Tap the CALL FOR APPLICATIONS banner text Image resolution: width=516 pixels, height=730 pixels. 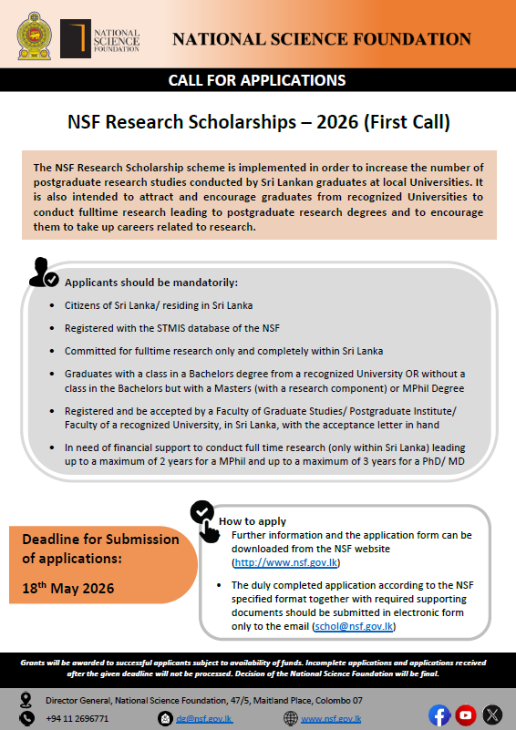pyautogui.click(x=257, y=81)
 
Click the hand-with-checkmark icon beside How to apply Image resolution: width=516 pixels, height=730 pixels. pyautogui.click(x=206, y=520)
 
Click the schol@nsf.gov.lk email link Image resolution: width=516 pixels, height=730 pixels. pyautogui.click(x=356, y=627)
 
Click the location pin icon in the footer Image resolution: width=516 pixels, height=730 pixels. pyautogui.click(x=28, y=700)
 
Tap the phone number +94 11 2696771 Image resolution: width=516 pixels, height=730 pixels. pyautogui.click(x=77, y=718)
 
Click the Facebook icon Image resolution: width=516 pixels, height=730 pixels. pyautogui.click(x=439, y=714)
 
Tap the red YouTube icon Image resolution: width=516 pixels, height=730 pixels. pyautogui.click(x=466, y=714)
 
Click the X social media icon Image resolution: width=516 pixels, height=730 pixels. pyautogui.click(x=492, y=714)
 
